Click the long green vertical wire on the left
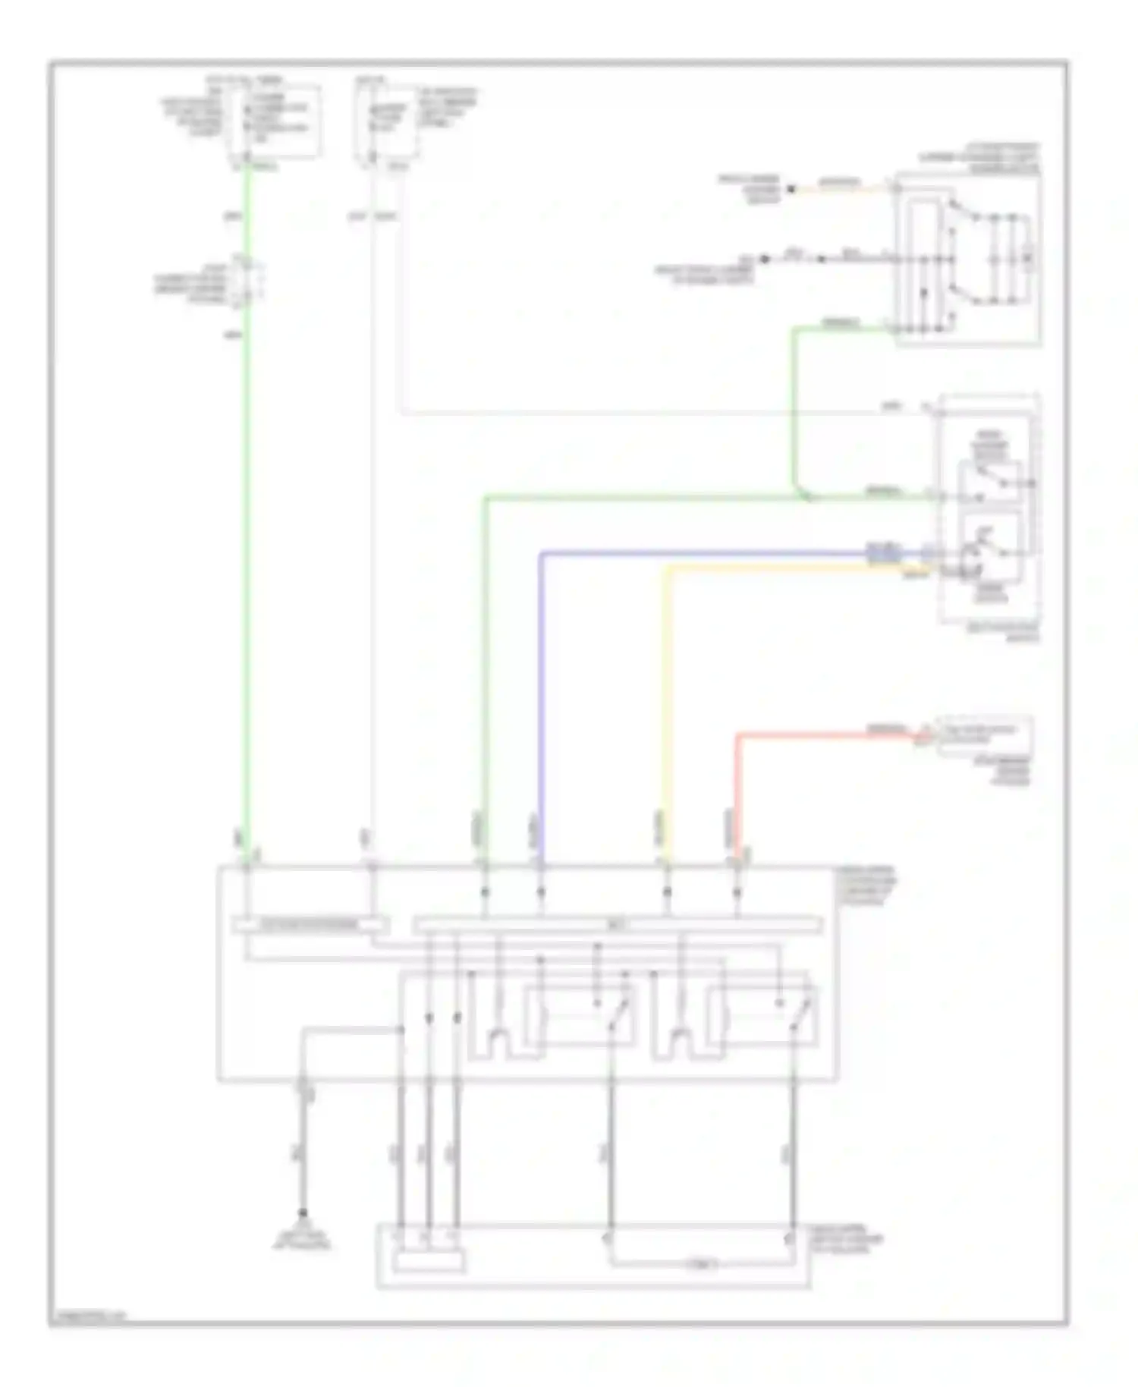pos(247,531)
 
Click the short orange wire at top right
pos(842,187)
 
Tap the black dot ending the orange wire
pos(790,189)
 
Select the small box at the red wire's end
pos(985,734)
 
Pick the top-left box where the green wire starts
pos(278,121)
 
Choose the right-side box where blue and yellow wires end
pos(988,508)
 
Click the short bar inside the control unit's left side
pos(310,925)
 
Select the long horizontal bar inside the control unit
pos(617,925)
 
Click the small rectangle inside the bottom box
pos(429,1262)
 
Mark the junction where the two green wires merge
pos(806,497)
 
